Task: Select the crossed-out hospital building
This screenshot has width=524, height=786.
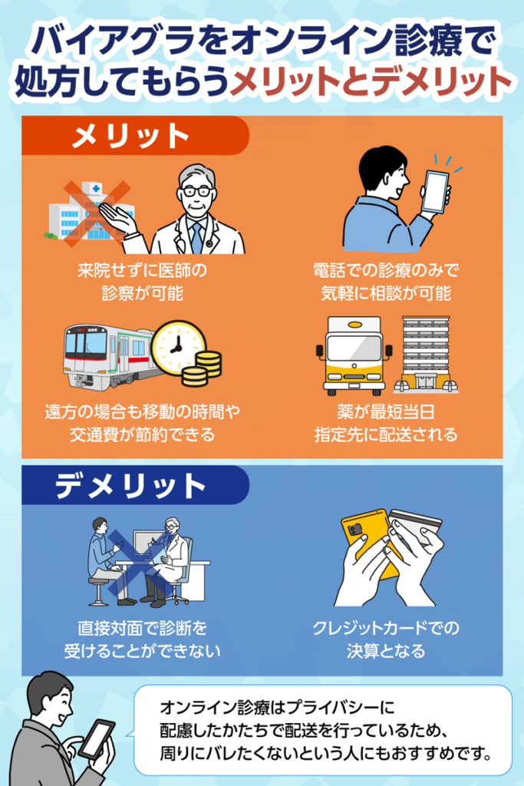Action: (91, 213)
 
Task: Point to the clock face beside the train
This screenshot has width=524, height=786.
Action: (178, 347)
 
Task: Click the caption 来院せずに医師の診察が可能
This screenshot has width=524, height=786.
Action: (142, 282)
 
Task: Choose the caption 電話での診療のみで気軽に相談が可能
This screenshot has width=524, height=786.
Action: (386, 282)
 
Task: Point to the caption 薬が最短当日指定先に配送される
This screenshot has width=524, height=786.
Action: (386, 424)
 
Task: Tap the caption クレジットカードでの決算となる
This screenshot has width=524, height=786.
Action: (386, 639)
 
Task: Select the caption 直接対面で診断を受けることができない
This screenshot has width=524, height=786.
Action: (142, 639)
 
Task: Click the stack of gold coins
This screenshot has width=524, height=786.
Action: (201, 368)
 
